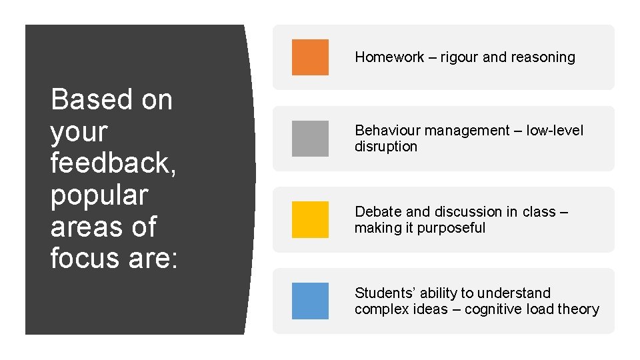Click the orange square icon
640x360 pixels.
tap(310, 57)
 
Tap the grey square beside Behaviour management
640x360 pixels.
tap(310, 139)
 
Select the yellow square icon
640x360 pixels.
tap(310, 219)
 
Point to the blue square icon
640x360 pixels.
tap(310, 301)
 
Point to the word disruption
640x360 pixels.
tap(385, 147)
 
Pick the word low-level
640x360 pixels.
tap(555, 131)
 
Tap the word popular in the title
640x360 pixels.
tap(99, 195)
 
